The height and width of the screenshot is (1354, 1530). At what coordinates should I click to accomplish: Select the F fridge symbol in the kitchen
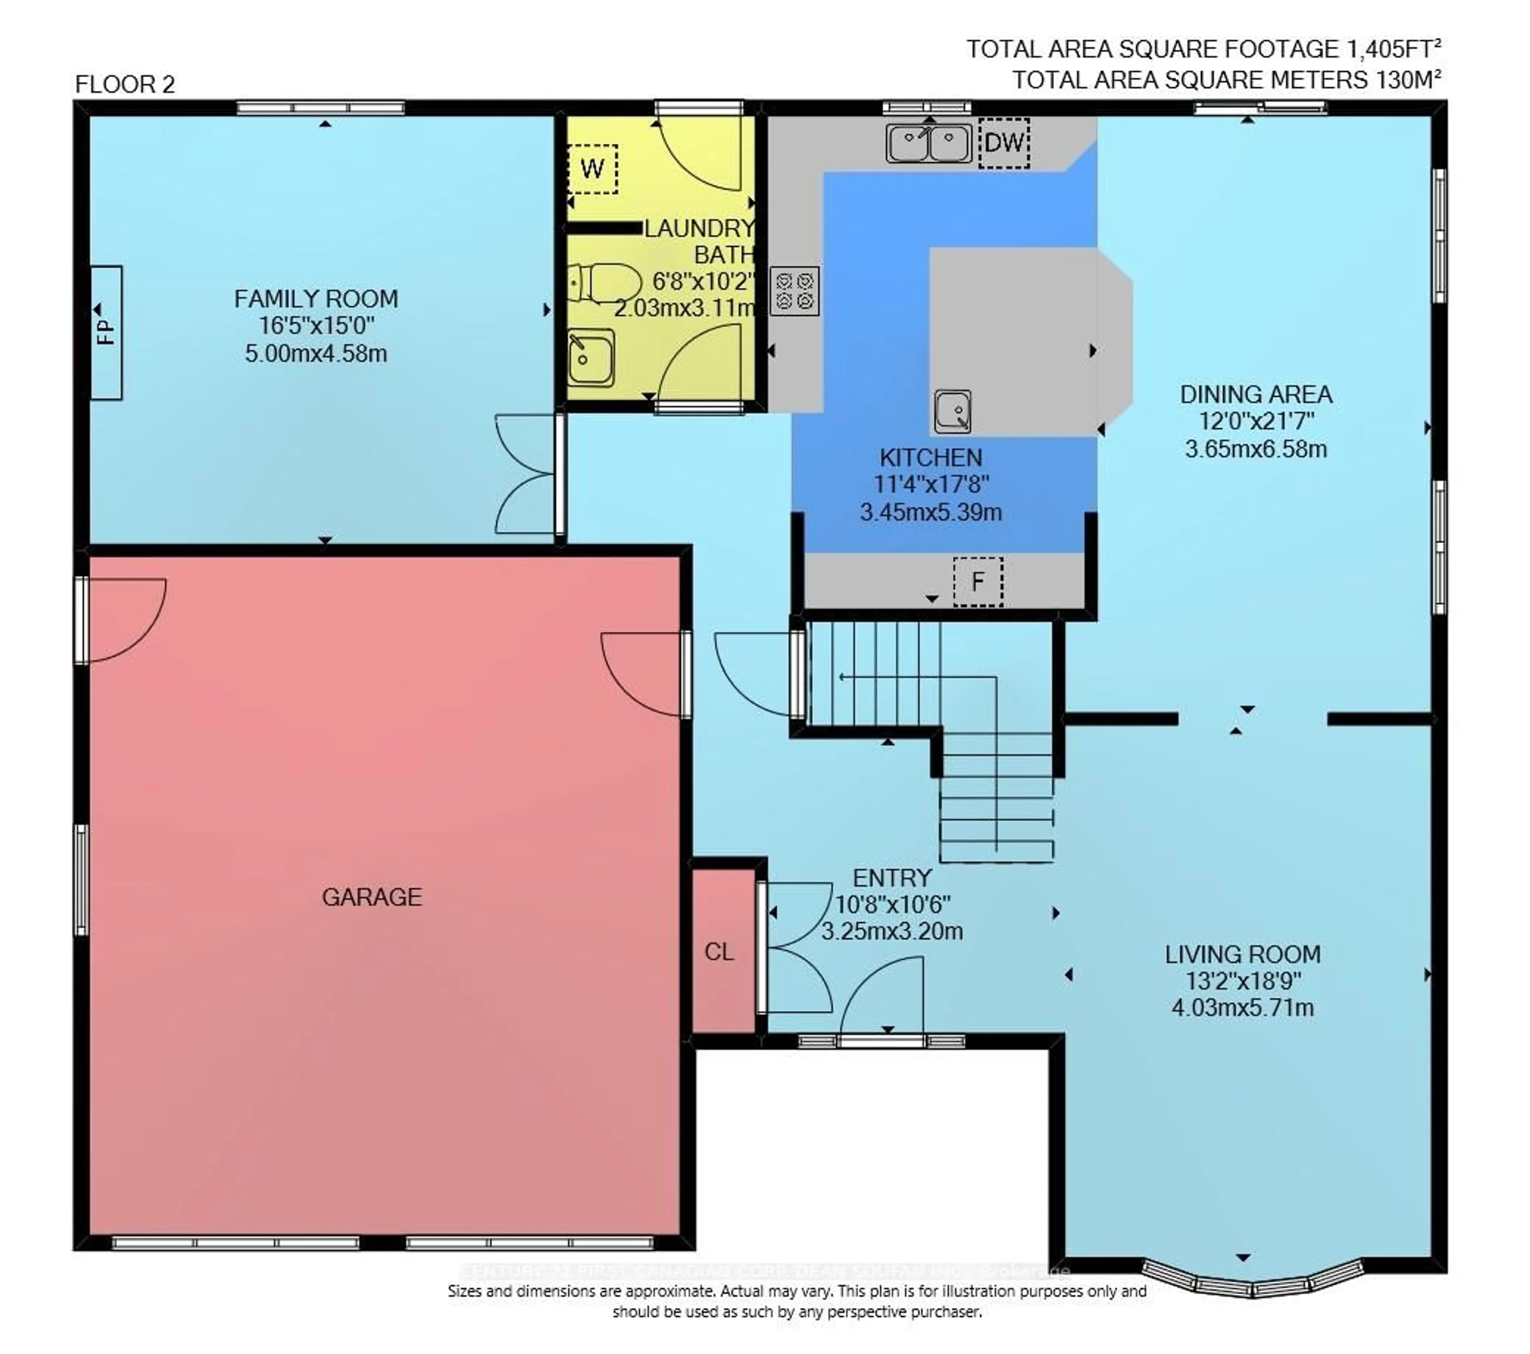[x=977, y=581]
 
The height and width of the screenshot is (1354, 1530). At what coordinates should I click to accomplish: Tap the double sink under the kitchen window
[x=928, y=143]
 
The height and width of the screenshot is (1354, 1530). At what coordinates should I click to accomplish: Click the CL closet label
[x=719, y=952]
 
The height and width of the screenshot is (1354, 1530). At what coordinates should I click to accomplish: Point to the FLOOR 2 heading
[x=125, y=84]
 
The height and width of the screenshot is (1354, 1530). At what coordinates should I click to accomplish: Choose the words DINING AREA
[x=1255, y=394]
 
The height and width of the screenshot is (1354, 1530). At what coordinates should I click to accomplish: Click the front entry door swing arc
[x=882, y=995]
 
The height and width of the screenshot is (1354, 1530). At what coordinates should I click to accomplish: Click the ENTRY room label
[x=892, y=877]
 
